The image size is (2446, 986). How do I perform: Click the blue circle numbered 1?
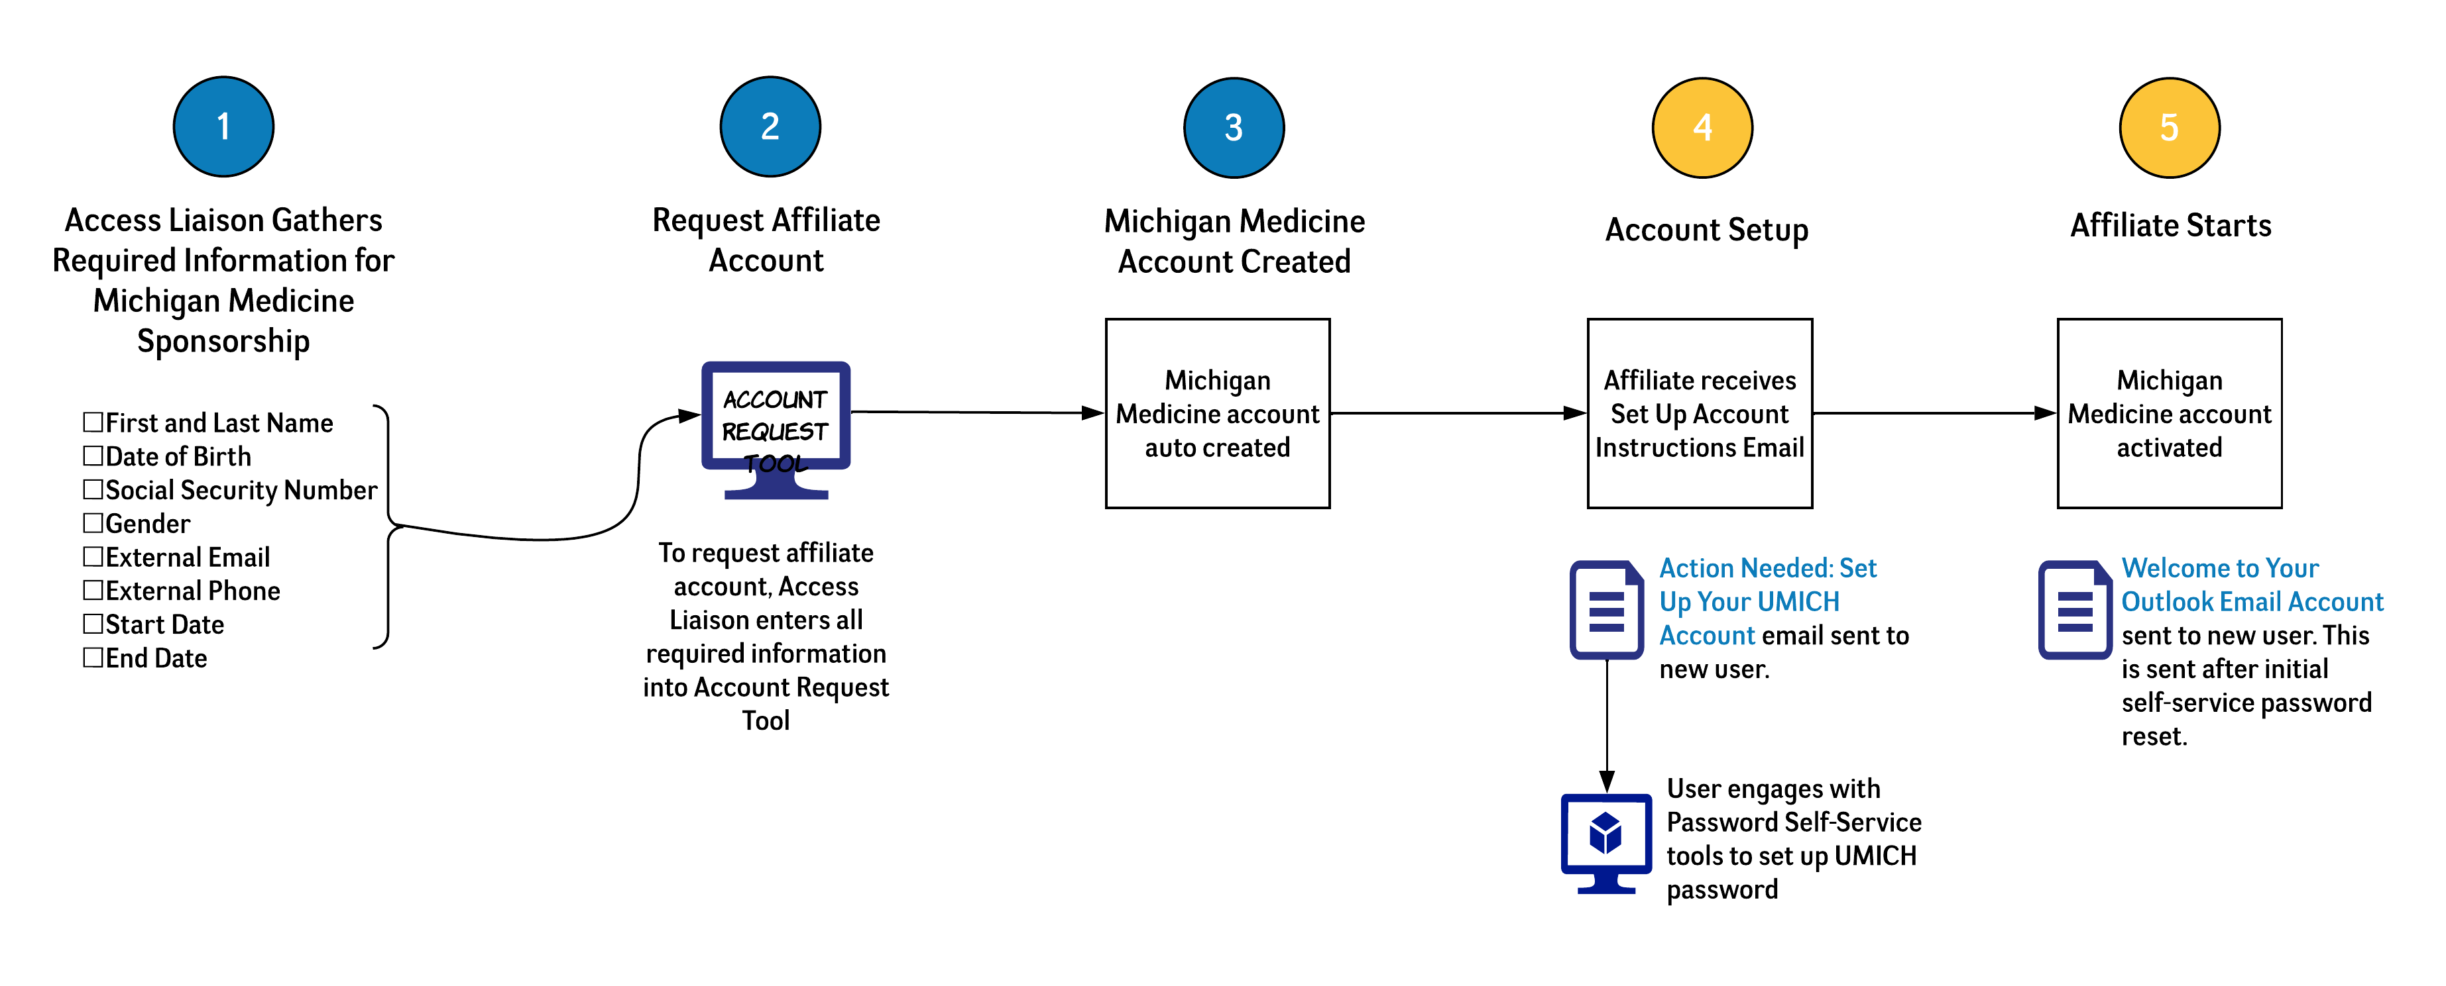[223, 126]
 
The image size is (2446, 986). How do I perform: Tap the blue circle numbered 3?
[1234, 127]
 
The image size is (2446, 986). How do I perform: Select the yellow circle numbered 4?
[1702, 127]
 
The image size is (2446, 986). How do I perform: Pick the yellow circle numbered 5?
[2169, 127]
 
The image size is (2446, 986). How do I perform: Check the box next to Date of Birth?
[93, 456]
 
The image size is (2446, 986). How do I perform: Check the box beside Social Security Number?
[93, 489]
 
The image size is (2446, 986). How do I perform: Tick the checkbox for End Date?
[93, 657]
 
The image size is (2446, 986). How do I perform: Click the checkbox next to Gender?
[93, 523]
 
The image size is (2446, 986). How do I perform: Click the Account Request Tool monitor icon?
[775, 427]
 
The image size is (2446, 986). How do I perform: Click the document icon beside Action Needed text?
[1605, 609]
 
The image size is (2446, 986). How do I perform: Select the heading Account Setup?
[1706, 230]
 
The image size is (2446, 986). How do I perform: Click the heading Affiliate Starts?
[2171, 226]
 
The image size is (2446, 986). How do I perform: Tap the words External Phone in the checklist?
[193, 590]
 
